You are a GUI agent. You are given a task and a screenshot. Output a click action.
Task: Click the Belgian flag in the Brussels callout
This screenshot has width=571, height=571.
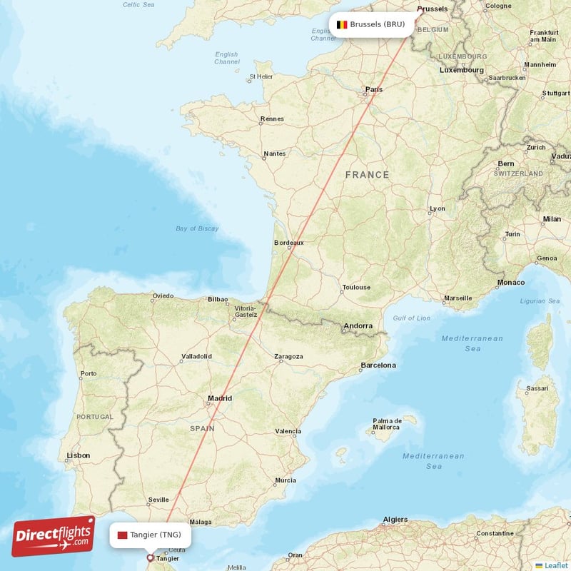point(342,24)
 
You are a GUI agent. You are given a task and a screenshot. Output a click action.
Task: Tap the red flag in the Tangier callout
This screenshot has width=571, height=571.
point(122,535)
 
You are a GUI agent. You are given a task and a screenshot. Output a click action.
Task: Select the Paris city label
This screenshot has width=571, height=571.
point(374,89)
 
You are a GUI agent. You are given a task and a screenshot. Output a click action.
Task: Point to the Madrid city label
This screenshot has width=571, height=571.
point(219,398)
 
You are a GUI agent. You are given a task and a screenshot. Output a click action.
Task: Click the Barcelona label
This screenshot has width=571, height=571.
point(378,365)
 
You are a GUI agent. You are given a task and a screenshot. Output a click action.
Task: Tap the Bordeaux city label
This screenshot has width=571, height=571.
point(288,243)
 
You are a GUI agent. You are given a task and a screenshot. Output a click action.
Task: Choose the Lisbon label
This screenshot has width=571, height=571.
point(78,455)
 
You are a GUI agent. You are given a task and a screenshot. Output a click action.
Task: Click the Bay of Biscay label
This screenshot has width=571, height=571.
point(197,228)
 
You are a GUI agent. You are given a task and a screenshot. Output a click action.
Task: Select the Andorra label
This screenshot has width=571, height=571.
point(358,326)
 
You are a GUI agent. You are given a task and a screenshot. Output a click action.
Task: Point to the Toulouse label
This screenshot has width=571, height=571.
point(356,287)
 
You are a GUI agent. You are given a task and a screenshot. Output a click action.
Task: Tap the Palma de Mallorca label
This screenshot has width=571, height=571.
point(387,424)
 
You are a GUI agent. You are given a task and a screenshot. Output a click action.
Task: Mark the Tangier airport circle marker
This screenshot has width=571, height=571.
point(149,558)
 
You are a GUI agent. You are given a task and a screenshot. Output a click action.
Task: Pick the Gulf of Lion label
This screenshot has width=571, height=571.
point(411,318)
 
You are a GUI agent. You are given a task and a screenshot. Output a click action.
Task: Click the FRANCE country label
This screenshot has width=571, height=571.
point(367,175)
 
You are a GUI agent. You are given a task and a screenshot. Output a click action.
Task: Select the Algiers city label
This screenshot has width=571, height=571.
point(395,519)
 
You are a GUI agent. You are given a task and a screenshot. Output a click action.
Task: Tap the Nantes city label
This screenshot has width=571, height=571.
point(274,153)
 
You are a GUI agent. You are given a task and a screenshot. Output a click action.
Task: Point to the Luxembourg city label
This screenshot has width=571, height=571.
point(462,70)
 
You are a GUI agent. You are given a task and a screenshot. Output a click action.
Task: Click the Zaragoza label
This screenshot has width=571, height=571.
point(288,356)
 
